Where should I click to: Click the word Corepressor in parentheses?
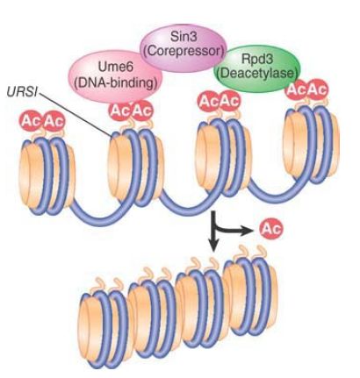point(184,51)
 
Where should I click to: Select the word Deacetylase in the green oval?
point(257,72)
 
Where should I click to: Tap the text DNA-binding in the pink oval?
point(114,83)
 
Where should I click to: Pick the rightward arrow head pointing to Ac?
point(247,232)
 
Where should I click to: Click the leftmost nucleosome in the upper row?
point(47,175)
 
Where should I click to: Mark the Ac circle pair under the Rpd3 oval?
point(306,89)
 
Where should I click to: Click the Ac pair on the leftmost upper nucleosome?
point(41,121)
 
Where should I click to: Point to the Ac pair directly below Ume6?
point(131,111)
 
